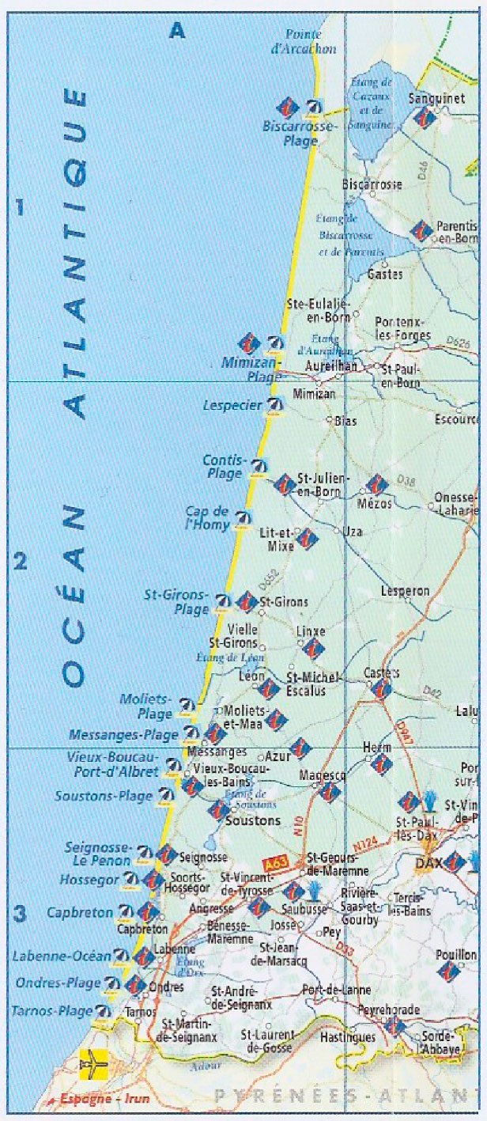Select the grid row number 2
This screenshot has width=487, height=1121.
[x=21, y=562]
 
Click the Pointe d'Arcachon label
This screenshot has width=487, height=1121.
[x=310, y=42]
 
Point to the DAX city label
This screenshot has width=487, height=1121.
[x=428, y=864]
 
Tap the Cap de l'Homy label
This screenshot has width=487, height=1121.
[x=208, y=518]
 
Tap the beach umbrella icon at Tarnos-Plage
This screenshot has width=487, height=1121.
[x=102, y=1010]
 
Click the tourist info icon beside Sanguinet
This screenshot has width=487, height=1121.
[x=424, y=117]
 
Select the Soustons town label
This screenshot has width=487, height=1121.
[x=253, y=820]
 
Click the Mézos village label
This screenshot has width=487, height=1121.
[x=375, y=502]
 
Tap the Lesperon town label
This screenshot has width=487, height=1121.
[x=405, y=591]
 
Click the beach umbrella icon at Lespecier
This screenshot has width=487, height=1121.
[x=275, y=407]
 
